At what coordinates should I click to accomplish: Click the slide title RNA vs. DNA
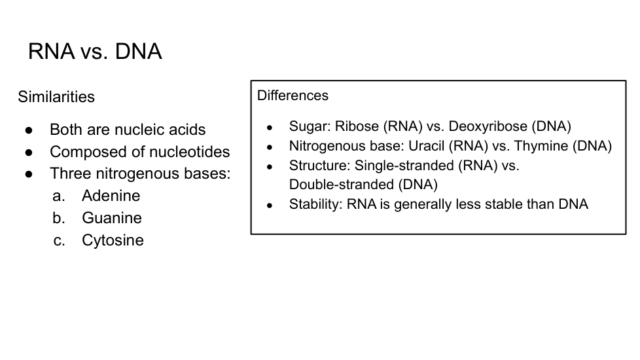tap(95, 52)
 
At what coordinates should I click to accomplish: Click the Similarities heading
tap(56, 97)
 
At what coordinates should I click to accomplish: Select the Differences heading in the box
tap(293, 96)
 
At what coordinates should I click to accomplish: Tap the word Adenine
tap(111, 196)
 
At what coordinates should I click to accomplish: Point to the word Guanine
tap(112, 217)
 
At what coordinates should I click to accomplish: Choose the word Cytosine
tap(113, 240)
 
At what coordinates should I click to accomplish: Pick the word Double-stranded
tap(342, 185)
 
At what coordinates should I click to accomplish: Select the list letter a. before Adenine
tap(59, 196)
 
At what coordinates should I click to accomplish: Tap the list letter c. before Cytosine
tap(59, 240)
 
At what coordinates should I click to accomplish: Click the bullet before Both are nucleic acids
tap(29, 130)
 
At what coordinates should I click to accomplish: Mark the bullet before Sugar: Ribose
tap(270, 128)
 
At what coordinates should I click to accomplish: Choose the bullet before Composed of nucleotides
tap(29, 153)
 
